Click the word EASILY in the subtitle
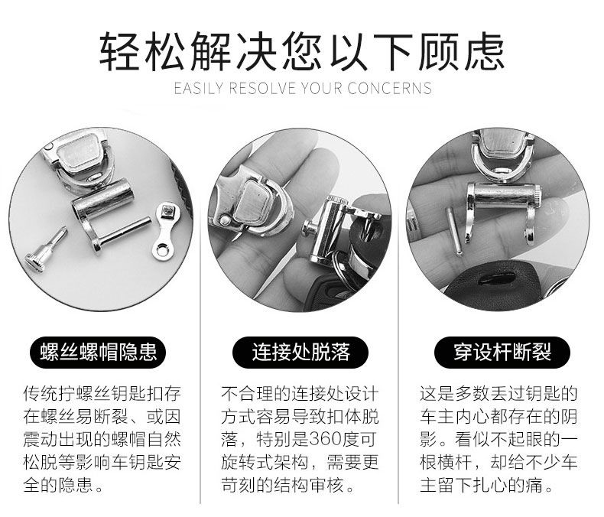tap(198, 88)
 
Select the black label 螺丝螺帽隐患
tap(98, 352)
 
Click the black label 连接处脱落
tap(300, 352)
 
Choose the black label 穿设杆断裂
tap(502, 352)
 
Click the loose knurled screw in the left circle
tap(46, 249)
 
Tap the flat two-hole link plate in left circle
tap(166, 231)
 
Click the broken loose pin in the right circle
tap(454, 231)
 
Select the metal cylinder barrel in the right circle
tap(502, 196)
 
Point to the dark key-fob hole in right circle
tap(496, 279)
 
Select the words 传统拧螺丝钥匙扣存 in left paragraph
tap(102, 393)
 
